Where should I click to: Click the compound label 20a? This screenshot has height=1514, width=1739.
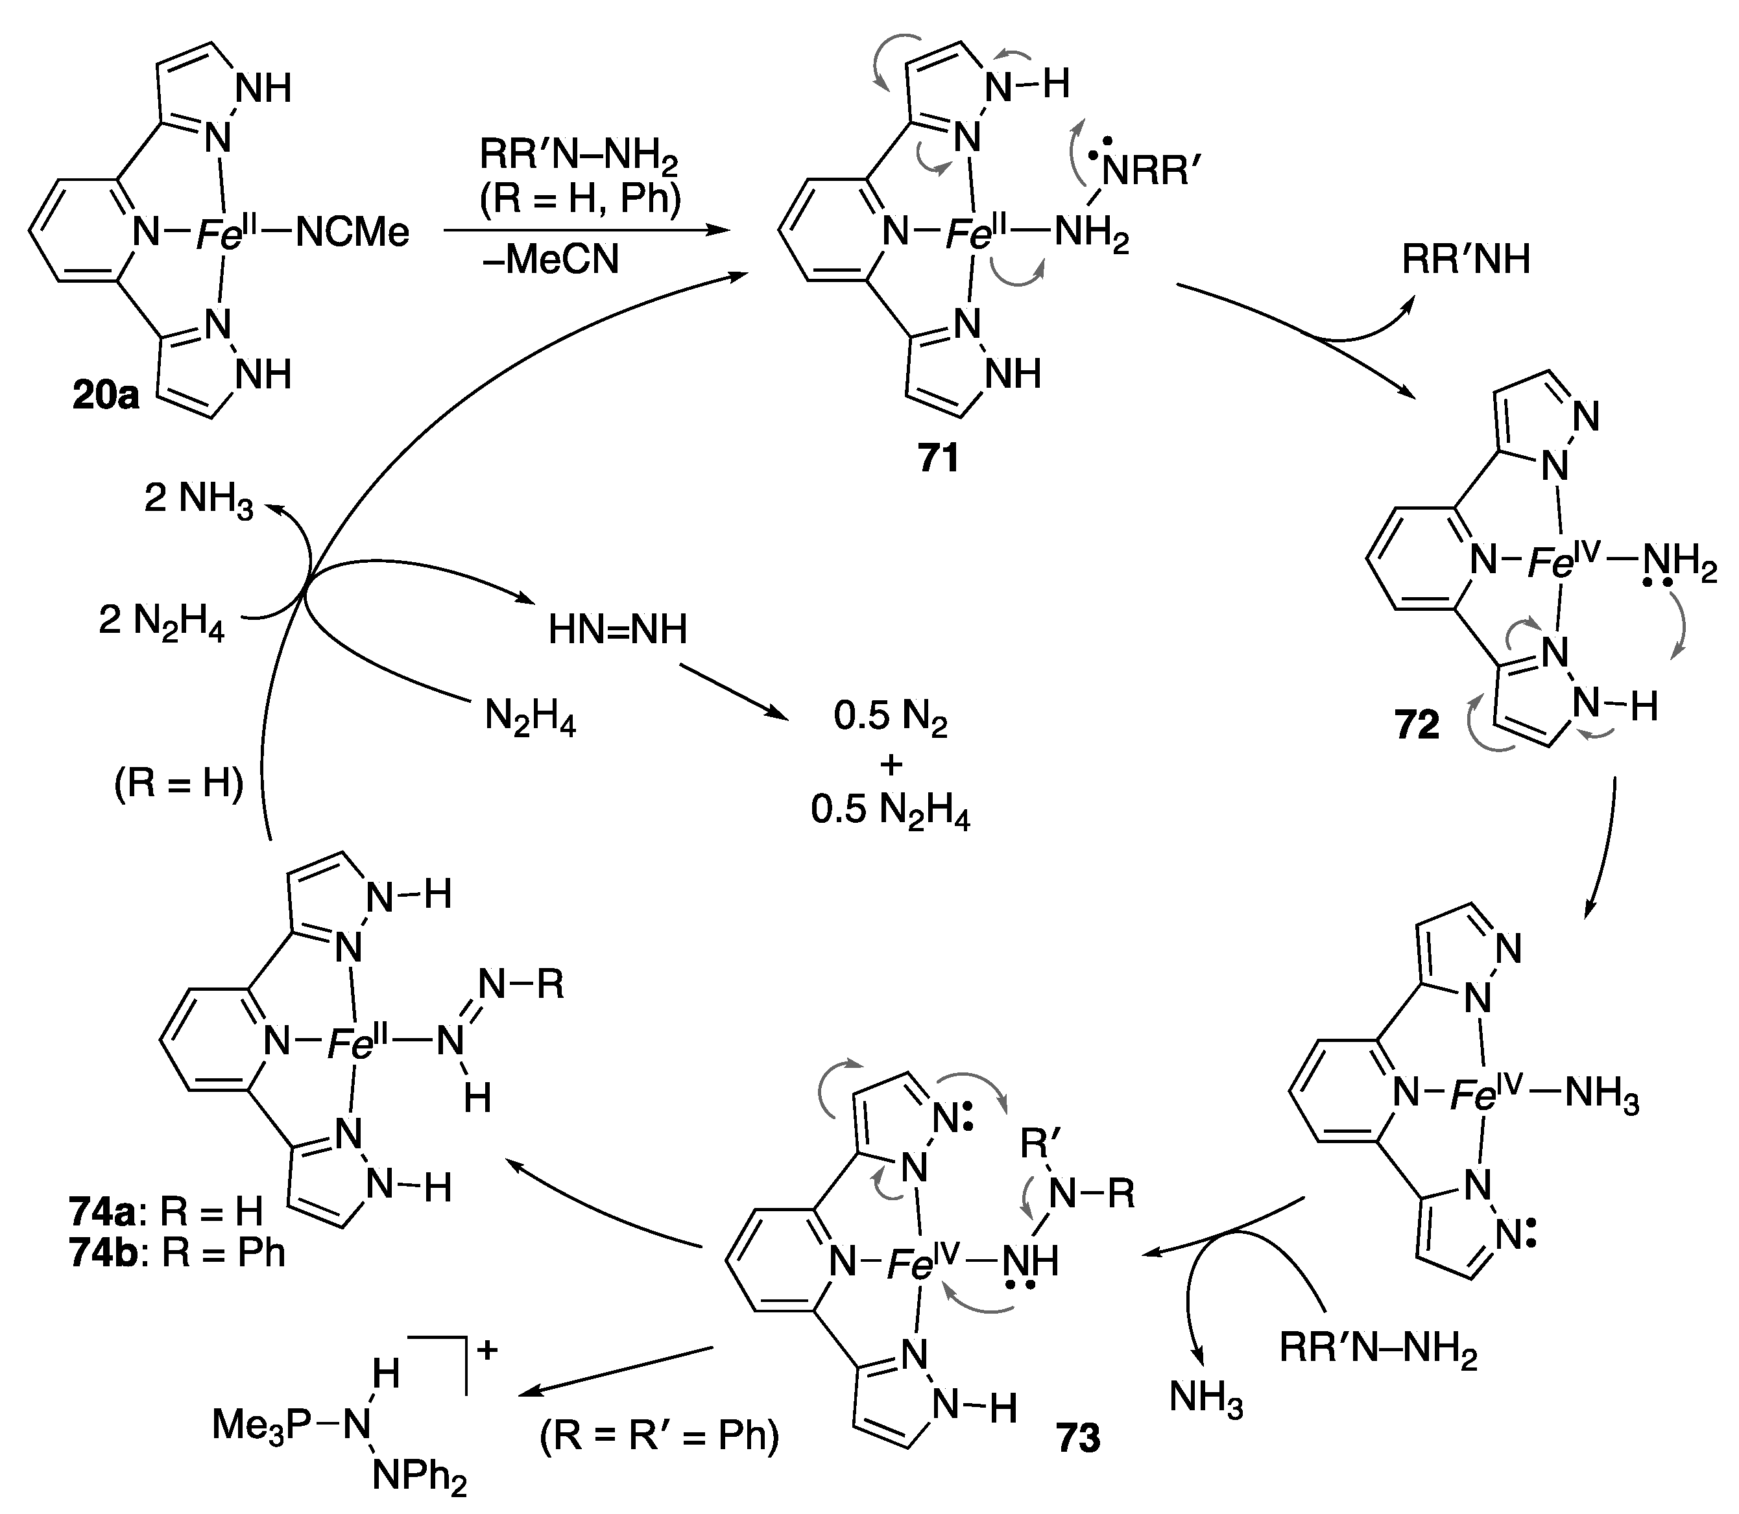click(106, 396)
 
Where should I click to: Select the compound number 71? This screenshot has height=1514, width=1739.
click(939, 458)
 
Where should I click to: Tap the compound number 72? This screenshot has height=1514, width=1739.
click(1417, 725)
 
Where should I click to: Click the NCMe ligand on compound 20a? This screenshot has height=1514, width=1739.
click(352, 232)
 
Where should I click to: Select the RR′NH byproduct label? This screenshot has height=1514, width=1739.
click(1466, 259)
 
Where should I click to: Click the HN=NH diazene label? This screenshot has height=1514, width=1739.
click(618, 630)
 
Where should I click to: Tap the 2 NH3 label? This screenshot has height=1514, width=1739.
click(198, 499)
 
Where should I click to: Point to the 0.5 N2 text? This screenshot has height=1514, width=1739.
click(890, 717)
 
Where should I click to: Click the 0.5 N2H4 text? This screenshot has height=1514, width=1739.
click(890, 811)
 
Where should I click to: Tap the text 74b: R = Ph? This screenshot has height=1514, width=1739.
click(178, 1252)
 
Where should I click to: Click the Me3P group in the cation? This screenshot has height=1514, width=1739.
click(262, 1425)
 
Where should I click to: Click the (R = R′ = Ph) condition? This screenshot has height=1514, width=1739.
click(659, 1435)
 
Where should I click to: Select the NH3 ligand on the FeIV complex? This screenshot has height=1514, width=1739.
click(1602, 1094)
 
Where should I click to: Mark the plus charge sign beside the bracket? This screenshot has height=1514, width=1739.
click(488, 1349)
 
